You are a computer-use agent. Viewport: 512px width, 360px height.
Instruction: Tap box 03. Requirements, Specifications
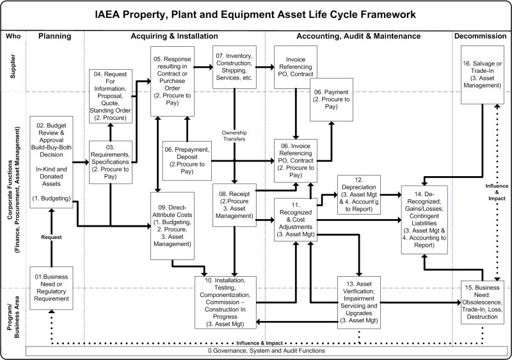(110, 162)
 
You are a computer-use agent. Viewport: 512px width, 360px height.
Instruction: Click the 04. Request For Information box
(110, 95)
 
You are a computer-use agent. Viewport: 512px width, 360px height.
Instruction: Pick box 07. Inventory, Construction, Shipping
(234, 67)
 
